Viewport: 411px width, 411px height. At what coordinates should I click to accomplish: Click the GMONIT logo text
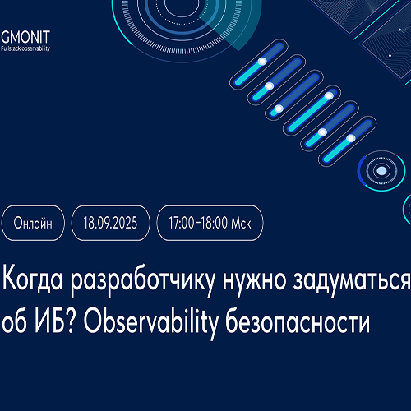pos(25,37)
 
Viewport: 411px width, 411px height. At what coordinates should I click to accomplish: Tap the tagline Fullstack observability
pos(25,48)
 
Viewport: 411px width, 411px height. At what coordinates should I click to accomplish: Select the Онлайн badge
pos(33,223)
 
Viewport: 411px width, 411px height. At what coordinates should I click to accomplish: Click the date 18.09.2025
pos(110,223)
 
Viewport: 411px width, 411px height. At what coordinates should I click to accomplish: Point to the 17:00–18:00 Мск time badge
pos(210,223)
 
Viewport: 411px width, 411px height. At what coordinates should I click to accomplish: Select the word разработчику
pos(142,282)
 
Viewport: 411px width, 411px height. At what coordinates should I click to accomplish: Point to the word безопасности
pos(298,322)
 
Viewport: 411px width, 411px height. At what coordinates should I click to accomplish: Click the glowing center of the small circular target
pos(381,171)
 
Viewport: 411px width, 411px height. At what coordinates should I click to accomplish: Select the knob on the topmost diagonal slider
pos(262,61)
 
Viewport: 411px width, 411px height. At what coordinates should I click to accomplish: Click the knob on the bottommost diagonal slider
pos(351,138)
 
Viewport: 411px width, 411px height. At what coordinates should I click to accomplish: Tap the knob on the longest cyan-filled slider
pos(329,96)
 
